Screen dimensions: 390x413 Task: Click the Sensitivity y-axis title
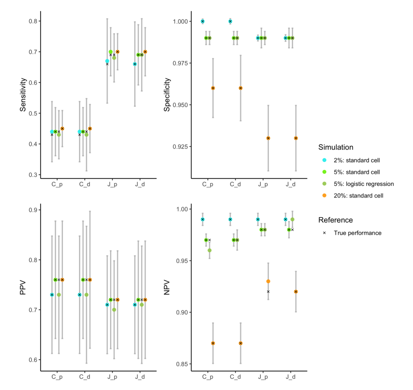23,95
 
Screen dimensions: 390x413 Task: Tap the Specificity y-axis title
167,95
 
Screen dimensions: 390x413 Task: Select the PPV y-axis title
23,288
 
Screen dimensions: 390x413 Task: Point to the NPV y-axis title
167,288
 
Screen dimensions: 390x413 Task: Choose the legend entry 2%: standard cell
357,160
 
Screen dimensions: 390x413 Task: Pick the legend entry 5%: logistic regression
364,184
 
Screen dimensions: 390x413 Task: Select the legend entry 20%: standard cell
358,196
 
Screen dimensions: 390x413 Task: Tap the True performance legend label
358,233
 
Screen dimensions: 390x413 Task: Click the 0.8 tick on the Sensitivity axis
33,21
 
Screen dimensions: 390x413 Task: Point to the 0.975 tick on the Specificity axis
180,63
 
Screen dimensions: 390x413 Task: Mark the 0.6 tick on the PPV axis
33,360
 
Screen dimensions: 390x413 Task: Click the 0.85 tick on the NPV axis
182,364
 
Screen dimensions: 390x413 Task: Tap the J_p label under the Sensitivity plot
112,184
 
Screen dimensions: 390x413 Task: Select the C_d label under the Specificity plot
235,184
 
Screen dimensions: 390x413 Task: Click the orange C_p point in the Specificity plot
213,88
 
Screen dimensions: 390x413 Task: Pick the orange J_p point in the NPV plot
268,281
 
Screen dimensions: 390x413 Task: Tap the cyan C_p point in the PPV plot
52,295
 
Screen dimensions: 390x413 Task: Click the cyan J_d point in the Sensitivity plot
135,64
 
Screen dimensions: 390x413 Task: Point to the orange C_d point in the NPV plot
241,343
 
